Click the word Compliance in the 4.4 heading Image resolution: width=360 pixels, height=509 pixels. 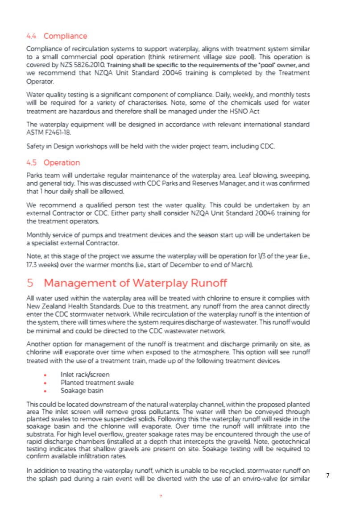[65, 36]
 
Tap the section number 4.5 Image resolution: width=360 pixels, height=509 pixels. [32, 163]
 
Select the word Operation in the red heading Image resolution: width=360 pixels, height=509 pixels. [62, 163]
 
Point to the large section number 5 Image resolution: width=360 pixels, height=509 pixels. [30, 283]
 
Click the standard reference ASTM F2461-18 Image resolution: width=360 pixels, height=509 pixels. [49, 133]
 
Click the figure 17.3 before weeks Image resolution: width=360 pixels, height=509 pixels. [32, 265]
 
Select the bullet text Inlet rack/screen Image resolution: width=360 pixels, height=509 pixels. [85, 375]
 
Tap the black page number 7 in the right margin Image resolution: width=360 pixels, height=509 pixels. [328, 476]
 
